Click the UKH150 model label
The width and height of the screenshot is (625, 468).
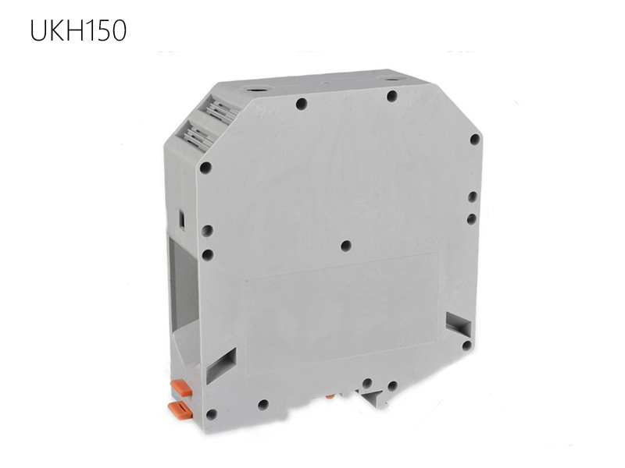[77, 31]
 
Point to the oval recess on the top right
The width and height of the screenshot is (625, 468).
[389, 79]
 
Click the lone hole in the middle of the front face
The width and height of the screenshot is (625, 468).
[345, 246]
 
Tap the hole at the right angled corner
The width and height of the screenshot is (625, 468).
[474, 140]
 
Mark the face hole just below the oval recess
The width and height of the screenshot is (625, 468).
[391, 96]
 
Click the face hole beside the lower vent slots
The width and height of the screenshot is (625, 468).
[205, 167]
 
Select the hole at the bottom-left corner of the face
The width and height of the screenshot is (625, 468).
[211, 414]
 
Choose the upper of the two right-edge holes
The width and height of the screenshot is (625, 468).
[472, 197]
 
